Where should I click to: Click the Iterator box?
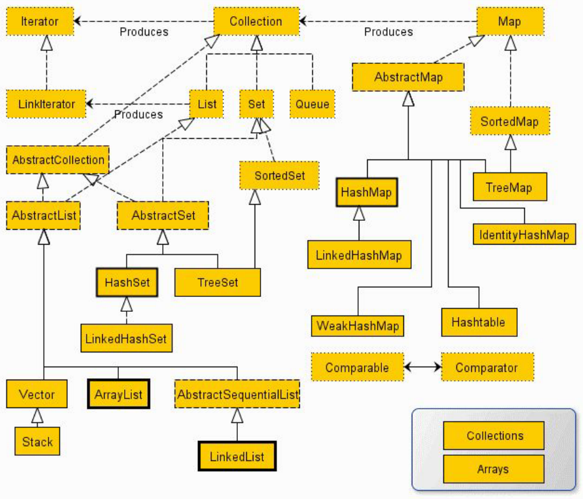[x=40, y=21]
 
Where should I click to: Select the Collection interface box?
[x=256, y=21]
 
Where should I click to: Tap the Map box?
[x=510, y=21]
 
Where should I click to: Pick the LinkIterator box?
[x=46, y=104]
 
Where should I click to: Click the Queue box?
[x=312, y=104]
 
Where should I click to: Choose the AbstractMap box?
[x=408, y=77]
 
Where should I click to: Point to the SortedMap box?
[x=510, y=121]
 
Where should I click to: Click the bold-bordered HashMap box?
[x=366, y=192]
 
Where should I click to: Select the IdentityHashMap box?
[x=524, y=234]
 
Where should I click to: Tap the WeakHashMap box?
[x=357, y=326]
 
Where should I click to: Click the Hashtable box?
[x=479, y=322]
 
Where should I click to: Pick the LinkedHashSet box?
[x=127, y=338]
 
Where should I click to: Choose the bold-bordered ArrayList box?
[x=119, y=394]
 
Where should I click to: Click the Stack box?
[x=37, y=441]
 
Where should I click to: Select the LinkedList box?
[x=237, y=456]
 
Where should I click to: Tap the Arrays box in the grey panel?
[x=493, y=469]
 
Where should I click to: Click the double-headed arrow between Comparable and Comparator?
[x=423, y=367]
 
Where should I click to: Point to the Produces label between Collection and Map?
[x=388, y=32]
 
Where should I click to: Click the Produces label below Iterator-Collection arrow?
[x=144, y=32]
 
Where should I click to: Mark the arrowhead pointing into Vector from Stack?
[x=37, y=416]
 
